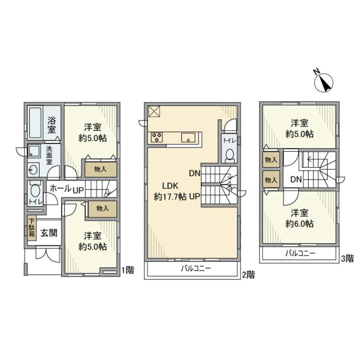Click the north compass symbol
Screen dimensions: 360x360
324,81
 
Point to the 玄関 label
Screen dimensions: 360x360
49,233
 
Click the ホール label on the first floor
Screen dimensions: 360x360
60,189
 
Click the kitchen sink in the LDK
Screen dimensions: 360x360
187,138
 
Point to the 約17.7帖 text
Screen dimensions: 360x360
170,196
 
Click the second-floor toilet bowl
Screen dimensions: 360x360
229,154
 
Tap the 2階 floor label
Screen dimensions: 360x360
248,275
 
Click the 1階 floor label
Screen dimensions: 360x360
127,270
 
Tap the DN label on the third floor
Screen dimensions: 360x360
296,180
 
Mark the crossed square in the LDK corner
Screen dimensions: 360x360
154,111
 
